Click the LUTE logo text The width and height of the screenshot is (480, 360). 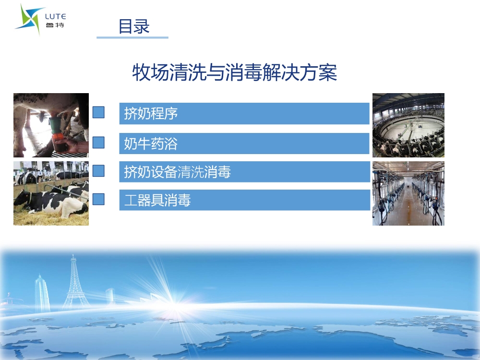pos(55,16)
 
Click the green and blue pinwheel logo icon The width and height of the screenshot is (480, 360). pos(29,19)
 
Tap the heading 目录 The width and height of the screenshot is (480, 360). pos(134,26)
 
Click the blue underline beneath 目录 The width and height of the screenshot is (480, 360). pos(132,37)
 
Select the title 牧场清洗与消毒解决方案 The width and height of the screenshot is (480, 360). pos(235,72)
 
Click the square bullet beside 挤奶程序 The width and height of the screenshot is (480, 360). pos(98,112)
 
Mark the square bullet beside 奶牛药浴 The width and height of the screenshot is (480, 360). pos(98,143)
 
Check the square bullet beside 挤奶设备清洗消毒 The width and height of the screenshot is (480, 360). pos(98,171)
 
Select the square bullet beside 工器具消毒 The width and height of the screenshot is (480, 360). pos(98,199)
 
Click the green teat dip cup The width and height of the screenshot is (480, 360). pos(56,125)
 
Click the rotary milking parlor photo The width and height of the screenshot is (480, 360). pos(408,125)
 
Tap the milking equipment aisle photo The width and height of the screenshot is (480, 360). pos(408,193)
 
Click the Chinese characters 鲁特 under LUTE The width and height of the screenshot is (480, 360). pos(55,25)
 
